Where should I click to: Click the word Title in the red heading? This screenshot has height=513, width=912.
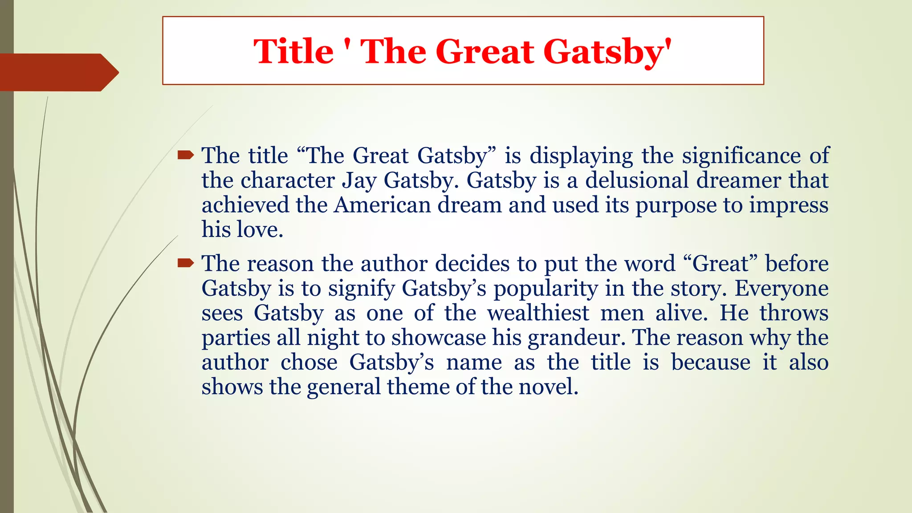coord(293,51)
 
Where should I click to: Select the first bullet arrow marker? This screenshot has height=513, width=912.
coord(185,155)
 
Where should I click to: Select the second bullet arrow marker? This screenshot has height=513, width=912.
coord(185,264)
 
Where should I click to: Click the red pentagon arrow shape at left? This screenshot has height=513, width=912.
coord(58,72)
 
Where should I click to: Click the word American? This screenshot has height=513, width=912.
coord(383,205)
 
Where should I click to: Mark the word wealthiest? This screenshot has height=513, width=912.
coord(538,313)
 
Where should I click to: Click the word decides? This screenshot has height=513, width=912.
coord(472,264)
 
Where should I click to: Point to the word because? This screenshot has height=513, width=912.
coord(711,362)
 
